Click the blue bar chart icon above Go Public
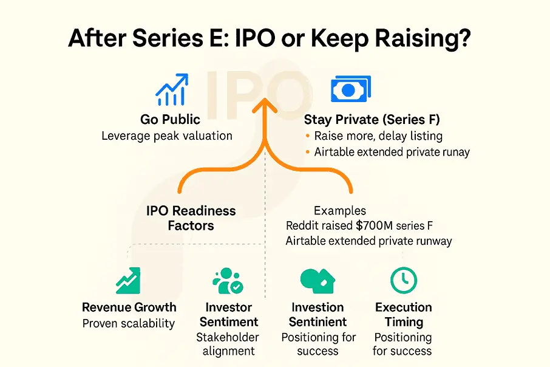[x=172, y=89]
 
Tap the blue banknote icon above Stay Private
[x=351, y=89]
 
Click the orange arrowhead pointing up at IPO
[x=265, y=109]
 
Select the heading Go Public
[x=171, y=120]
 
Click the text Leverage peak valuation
[x=167, y=135]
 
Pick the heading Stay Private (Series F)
[x=372, y=120]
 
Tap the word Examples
[x=339, y=211]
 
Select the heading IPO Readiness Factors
[x=191, y=218]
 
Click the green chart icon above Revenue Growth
[x=129, y=280]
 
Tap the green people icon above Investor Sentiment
[x=228, y=280]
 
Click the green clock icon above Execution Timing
[x=403, y=280]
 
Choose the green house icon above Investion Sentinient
[x=317, y=280]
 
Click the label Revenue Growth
[x=129, y=307]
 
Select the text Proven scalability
[x=129, y=323]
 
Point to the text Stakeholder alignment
[x=228, y=344]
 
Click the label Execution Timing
[x=403, y=314]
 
